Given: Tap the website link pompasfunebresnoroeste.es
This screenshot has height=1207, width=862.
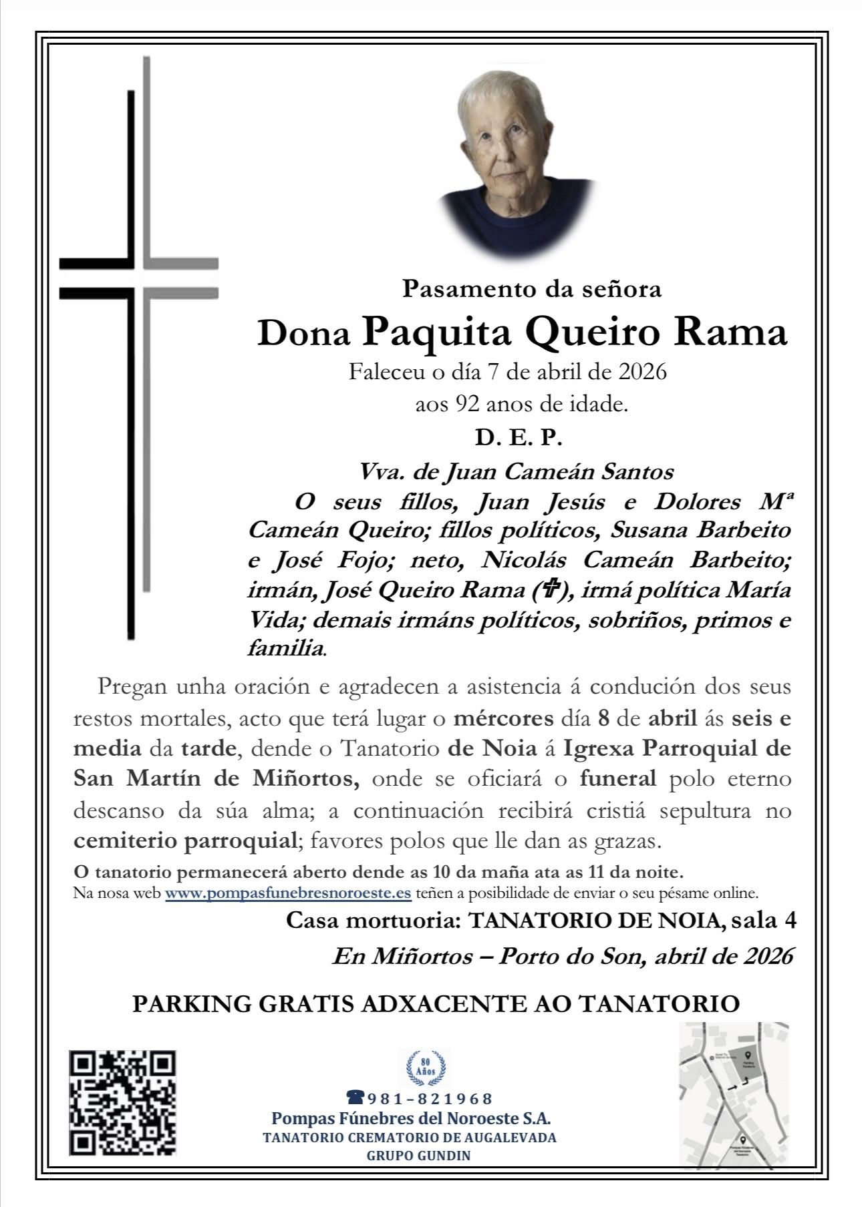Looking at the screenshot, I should (x=288, y=893).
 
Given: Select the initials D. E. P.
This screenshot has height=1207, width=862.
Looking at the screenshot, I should (x=519, y=438).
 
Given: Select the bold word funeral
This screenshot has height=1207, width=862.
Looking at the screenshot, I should (x=618, y=778).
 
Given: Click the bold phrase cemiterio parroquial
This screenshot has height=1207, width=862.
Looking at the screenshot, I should (x=184, y=840).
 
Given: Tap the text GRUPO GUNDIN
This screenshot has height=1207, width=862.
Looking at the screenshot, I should (x=419, y=1155).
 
